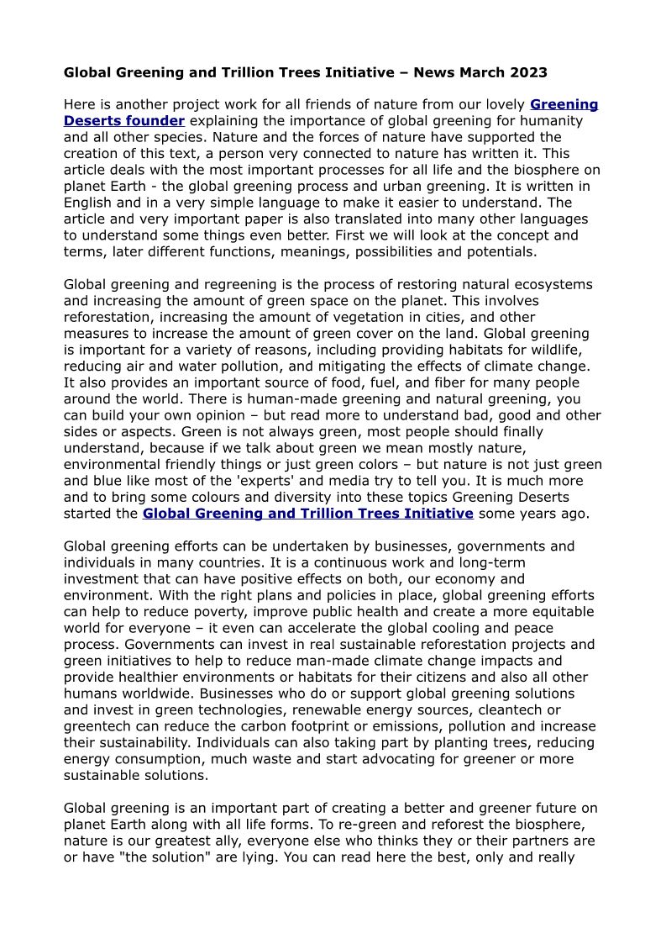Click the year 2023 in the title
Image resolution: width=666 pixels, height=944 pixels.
point(529,72)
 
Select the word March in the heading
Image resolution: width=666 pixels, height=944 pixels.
point(483,72)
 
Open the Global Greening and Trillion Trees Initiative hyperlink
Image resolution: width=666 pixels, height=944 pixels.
point(308,513)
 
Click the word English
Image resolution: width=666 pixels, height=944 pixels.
point(88,203)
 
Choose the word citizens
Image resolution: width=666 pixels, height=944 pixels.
point(461,678)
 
